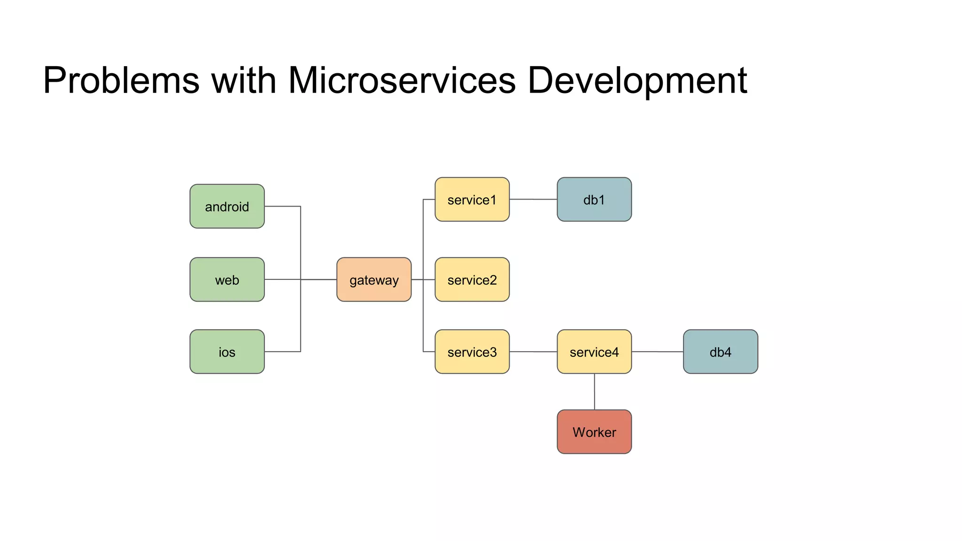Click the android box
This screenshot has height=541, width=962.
[x=227, y=206]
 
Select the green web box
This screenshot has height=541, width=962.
[x=227, y=279]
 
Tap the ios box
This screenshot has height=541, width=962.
[x=227, y=352]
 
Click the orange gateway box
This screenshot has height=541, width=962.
[x=374, y=279]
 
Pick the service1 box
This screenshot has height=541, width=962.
[x=472, y=200]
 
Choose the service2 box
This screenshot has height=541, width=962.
[x=472, y=279]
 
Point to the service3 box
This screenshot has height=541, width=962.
[x=472, y=352]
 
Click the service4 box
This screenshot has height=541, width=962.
[x=594, y=352]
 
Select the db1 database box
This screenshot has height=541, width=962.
[x=594, y=200]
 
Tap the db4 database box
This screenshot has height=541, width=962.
[x=720, y=352]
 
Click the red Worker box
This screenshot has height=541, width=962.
[x=594, y=432]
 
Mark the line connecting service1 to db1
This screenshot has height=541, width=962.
[x=533, y=199]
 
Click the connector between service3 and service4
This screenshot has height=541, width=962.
[x=533, y=352]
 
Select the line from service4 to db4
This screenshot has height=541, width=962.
[x=657, y=352]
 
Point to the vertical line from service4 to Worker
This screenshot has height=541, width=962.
[x=595, y=392]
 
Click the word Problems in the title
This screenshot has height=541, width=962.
[x=121, y=81]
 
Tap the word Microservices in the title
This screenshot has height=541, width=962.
[x=402, y=81]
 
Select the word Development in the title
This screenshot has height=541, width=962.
[x=637, y=81]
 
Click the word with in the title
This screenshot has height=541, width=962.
[x=243, y=81]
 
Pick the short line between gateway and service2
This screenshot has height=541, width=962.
[x=429, y=279]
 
